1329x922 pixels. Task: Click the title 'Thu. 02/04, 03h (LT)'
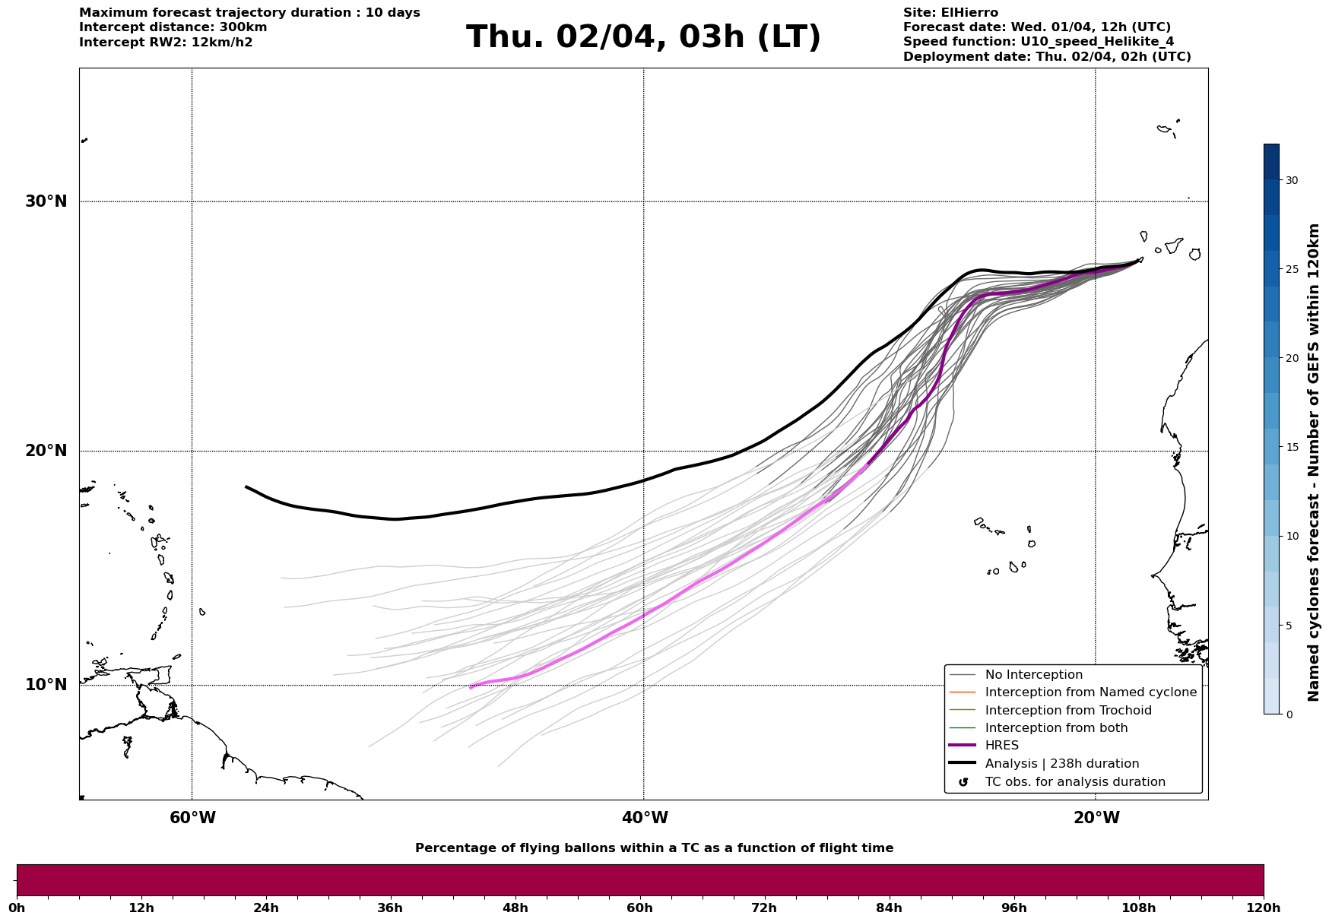pyautogui.click(x=643, y=37)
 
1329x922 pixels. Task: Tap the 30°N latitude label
pyautogui.click(x=46, y=201)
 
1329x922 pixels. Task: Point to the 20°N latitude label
pyautogui.click(x=46, y=451)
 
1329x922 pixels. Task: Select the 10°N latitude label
pyautogui.click(x=46, y=685)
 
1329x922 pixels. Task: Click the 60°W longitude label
pyautogui.click(x=192, y=818)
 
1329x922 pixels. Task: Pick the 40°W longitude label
pyautogui.click(x=645, y=818)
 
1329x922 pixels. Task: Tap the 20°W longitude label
pyautogui.click(x=1096, y=818)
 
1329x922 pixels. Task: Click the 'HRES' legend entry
pyautogui.click(x=1001, y=746)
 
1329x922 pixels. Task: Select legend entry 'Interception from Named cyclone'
pyautogui.click(x=1090, y=692)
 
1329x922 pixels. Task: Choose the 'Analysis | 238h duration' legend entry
pyautogui.click(x=1061, y=764)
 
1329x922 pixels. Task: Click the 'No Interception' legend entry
pyautogui.click(x=1033, y=675)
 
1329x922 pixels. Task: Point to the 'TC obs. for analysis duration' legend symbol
pyautogui.click(x=963, y=782)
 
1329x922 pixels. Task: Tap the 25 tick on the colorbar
pyautogui.click(x=1291, y=269)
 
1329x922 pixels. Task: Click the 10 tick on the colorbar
pyautogui.click(x=1291, y=536)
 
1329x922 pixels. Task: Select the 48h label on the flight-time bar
pyautogui.click(x=515, y=908)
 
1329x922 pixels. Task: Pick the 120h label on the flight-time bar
pyautogui.click(x=1264, y=908)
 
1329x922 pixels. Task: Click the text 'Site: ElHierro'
pyautogui.click(x=950, y=13)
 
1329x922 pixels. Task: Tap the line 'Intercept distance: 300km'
pyautogui.click(x=173, y=27)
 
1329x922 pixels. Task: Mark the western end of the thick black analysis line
pyautogui.click(x=246, y=486)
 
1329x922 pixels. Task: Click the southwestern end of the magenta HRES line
pyautogui.click(x=471, y=687)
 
